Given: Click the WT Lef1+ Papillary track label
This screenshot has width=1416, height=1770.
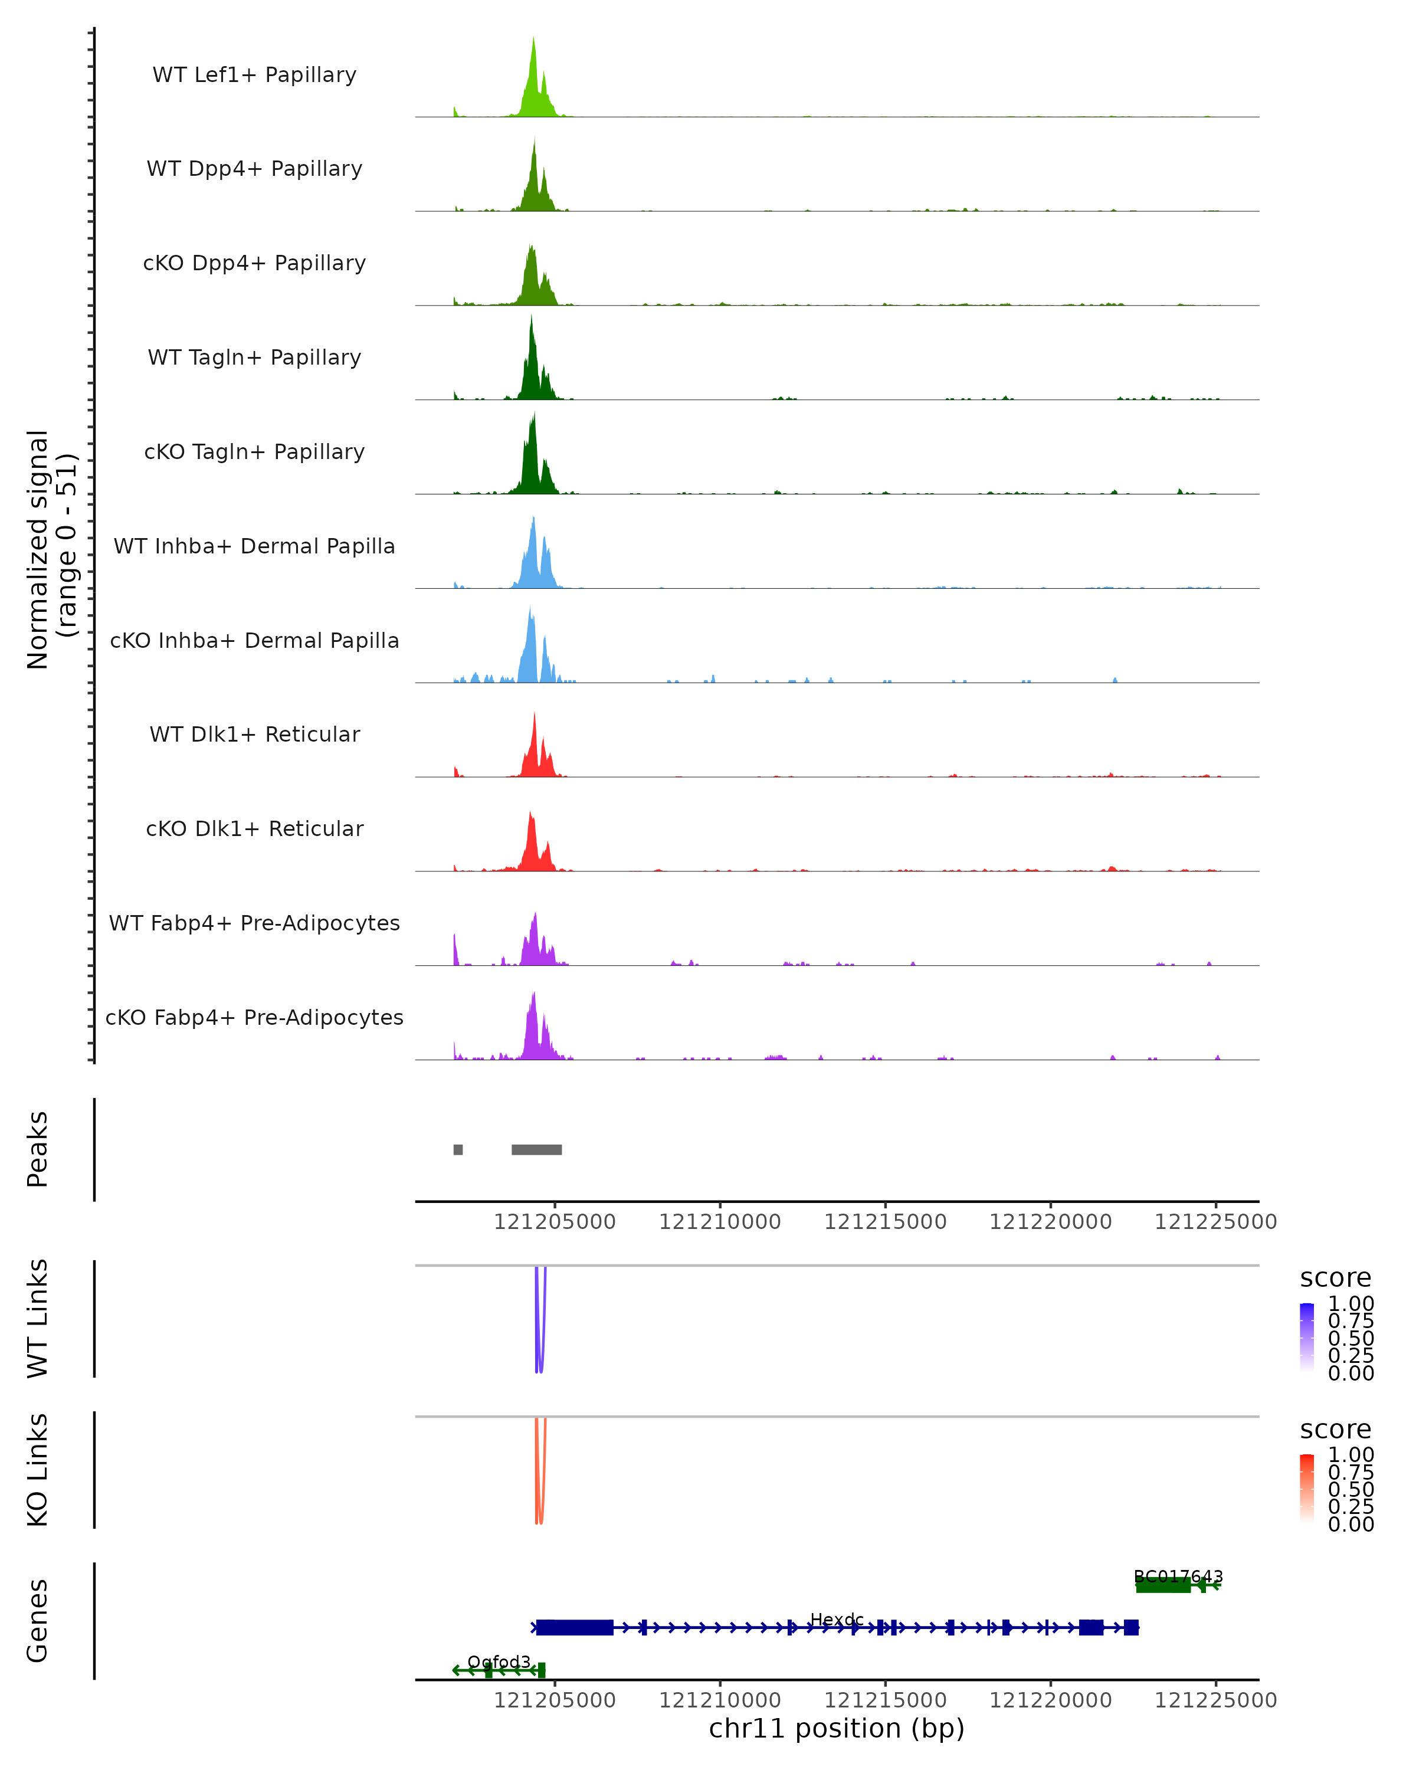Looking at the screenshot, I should click(254, 75).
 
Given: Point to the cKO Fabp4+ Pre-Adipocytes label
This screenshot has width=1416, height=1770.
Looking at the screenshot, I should click(254, 1017).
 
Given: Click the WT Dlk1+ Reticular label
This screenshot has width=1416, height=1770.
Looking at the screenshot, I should click(254, 734).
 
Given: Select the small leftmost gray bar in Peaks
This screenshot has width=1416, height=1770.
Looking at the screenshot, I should click(458, 1149).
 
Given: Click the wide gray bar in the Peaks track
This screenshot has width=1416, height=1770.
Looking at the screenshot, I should click(537, 1149).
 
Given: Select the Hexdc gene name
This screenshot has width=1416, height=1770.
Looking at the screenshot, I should click(837, 1619).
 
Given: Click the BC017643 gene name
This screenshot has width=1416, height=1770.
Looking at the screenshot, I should click(1178, 1576).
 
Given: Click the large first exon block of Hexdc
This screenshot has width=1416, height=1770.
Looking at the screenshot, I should click(575, 1627).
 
